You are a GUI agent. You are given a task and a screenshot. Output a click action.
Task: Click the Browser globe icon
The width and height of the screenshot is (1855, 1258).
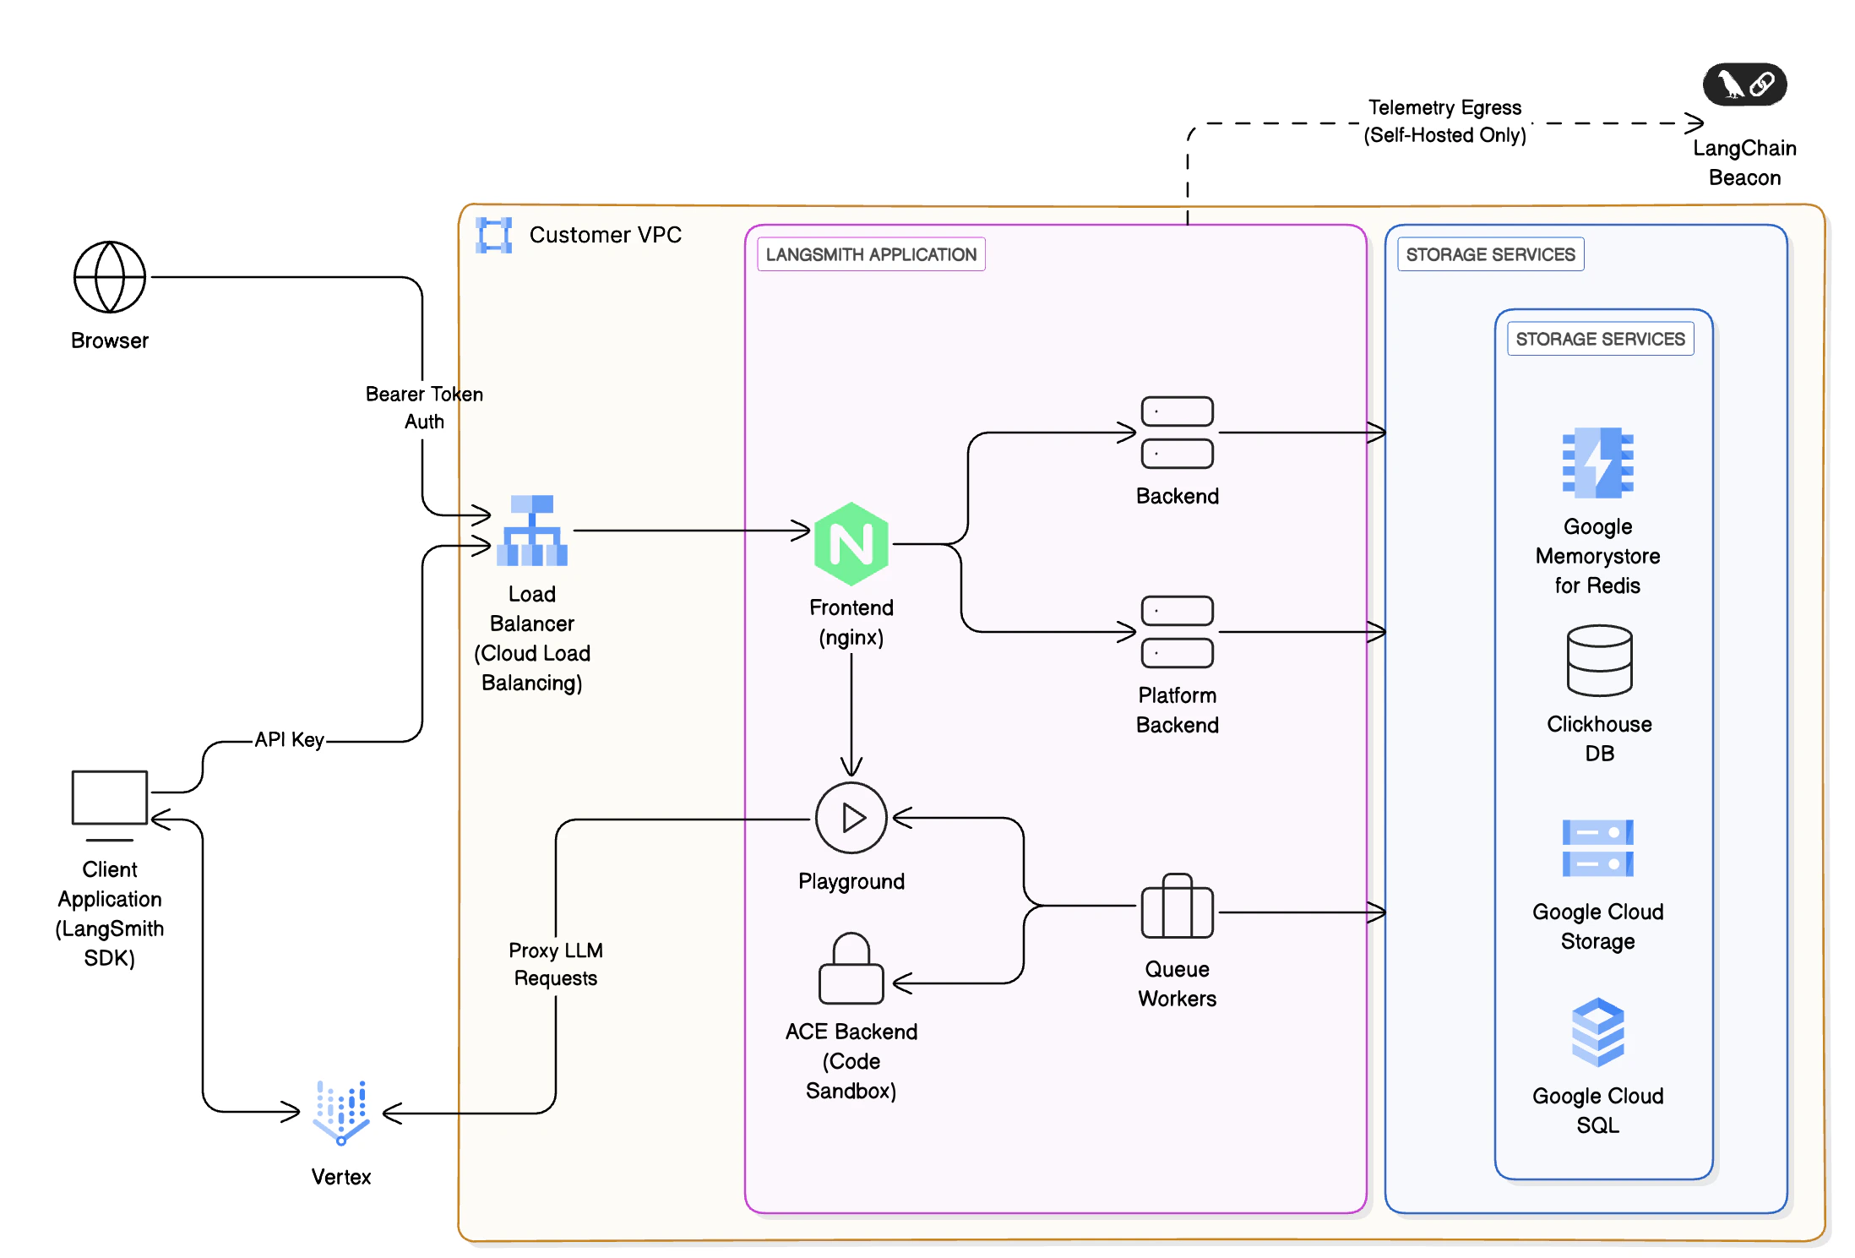coord(110,277)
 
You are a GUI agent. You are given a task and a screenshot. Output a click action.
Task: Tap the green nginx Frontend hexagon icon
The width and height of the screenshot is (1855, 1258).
coord(851,544)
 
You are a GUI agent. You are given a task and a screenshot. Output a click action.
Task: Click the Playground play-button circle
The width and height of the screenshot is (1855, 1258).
coord(851,818)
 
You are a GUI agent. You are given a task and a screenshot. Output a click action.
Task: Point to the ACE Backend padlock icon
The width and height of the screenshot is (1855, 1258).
coord(851,969)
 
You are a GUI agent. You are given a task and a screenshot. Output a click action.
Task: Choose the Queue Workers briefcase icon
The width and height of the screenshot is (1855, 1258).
coord(1177,907)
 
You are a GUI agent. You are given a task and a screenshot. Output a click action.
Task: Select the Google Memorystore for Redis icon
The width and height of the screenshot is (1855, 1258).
coord(1597,463)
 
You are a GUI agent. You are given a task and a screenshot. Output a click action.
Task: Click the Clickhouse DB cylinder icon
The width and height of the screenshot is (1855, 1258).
coord(1599,661)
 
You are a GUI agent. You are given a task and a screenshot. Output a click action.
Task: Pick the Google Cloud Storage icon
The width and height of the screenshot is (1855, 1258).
coord(1597,848)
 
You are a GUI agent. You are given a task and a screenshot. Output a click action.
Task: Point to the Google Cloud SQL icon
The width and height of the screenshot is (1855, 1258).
coord(1597,1032)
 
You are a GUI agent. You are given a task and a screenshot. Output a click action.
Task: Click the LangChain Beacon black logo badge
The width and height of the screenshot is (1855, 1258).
coord(1744,84)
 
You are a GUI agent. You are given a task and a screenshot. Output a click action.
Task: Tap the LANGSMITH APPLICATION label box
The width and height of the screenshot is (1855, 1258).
coord(871,254)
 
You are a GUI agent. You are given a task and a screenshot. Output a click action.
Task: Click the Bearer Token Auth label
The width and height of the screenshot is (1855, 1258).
coord(424,407)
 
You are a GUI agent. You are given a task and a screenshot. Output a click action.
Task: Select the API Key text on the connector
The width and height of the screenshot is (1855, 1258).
coord(289,740)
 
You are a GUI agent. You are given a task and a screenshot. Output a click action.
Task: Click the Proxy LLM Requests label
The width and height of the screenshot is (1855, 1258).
coord(556,964)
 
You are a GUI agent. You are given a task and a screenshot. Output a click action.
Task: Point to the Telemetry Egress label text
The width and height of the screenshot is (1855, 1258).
coord(1444,121)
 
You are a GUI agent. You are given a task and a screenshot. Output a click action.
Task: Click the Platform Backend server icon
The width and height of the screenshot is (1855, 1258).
coord(1177,631)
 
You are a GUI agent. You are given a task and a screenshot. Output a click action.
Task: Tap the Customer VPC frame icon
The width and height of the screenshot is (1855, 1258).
coord(494,235)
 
